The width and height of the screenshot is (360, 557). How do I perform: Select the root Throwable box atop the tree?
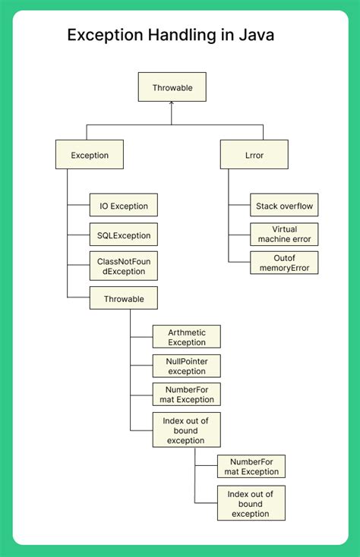(x=172, y=87)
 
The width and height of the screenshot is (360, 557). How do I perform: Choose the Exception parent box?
(x=90, y=155)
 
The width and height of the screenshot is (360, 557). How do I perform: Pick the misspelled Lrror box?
(x=254, y=155)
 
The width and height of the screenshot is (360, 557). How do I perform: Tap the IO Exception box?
(x=124, y=206)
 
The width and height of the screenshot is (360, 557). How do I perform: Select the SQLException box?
(x=124, y=234)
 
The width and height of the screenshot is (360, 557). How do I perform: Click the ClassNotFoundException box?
(x=124, y=266)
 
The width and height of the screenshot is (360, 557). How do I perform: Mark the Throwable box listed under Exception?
(x=124, y=298)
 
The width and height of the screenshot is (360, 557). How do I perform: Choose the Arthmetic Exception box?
(x=186, y=337)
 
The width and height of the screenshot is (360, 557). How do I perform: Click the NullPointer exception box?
(x=186, y=367)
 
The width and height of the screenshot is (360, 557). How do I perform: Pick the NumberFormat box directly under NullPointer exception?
(x=186, y=395)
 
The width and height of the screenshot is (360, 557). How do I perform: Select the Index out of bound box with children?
(x=186, y=430)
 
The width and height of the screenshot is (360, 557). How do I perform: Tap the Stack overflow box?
(x=284, y=206)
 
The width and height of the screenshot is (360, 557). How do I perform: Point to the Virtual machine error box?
(x=284, y=234)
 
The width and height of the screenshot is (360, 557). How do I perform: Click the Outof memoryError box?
(x=284, y=263)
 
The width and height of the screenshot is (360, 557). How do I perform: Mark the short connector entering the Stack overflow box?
(x=239, y=206)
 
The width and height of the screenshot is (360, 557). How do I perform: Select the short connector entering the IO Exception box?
(x=78, y=206)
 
